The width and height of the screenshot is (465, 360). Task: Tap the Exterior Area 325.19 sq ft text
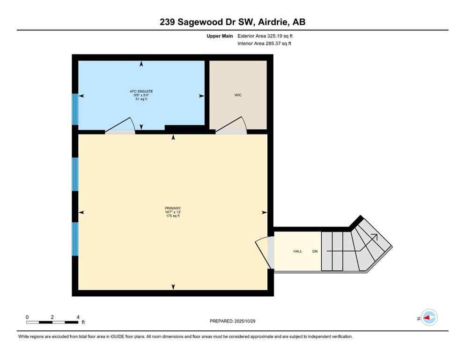[265, 36]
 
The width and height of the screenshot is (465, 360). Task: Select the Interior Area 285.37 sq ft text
[265, 44]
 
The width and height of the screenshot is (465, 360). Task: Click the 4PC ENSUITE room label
[141, 91]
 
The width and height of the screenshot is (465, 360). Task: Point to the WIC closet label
[238, 95]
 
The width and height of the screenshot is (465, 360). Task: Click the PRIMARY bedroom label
[172, 208]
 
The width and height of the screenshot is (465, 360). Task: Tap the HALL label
[297, 252]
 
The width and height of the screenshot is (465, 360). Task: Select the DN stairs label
[315, 252]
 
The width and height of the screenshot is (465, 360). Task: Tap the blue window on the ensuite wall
[74, 109]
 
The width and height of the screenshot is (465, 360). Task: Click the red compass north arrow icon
[428, 318]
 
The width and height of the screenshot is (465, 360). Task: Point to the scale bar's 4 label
[78, 317]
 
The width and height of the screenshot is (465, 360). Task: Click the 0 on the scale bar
[27, 317]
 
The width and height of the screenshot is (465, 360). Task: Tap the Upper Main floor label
[218, 36]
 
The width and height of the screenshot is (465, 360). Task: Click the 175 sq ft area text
[172, 216]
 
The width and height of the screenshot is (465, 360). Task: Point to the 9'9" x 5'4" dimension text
[141, 95]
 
